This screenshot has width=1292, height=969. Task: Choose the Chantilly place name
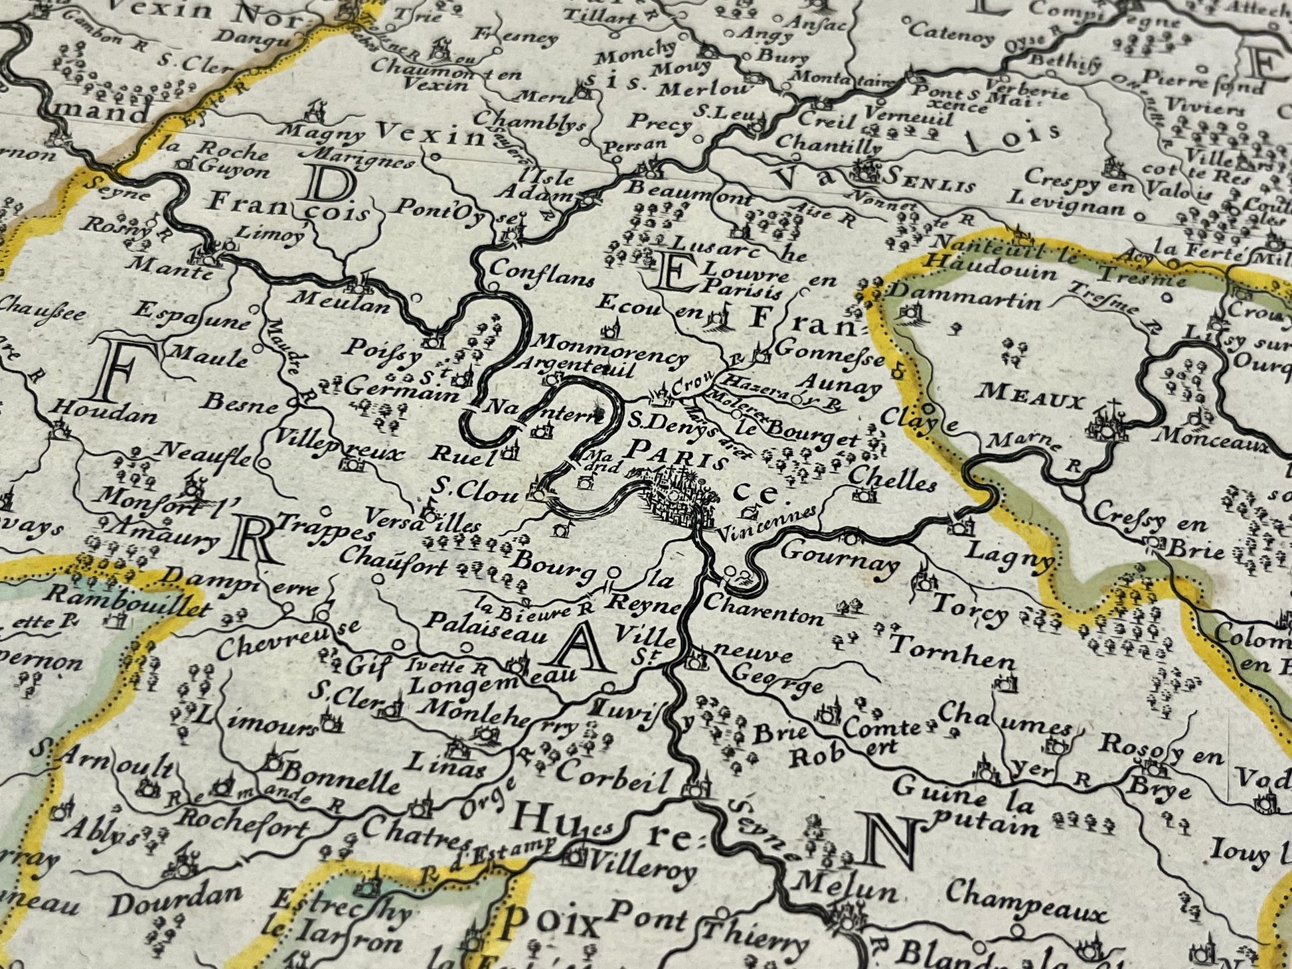pyautogui.click(x=829, y=143)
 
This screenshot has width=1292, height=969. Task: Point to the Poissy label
pyautogui.click(x=386, y=350)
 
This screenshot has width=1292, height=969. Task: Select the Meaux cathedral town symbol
pyautogui.click(x=1108, y=424)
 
